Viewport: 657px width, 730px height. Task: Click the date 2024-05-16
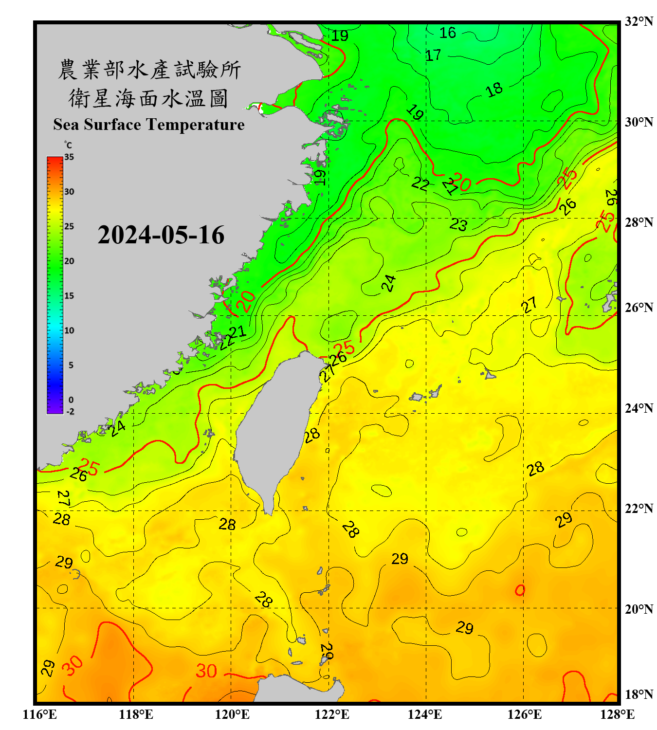click(x=161, y=235)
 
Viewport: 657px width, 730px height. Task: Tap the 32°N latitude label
click(x=639, y=21)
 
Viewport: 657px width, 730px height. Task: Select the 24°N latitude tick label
click(x=639, y=408)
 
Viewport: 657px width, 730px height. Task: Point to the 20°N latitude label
click(x=639, y=609)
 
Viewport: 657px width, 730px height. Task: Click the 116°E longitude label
click(x=39, y=714)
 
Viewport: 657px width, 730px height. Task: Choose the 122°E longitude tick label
click(x=332, y=714)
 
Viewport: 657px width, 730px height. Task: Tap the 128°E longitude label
click(x=617, y=714)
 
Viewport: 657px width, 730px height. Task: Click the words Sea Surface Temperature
click(x=149, y=125)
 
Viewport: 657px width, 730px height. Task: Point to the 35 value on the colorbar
click(x=69, y=157)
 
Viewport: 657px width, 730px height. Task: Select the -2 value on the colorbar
click(x=70, y=412)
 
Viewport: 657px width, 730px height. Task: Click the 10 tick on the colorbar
click(x=69, y=330)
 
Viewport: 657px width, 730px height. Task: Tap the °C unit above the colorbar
click(x=68, y=145)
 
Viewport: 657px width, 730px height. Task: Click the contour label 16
click(x=448, y=33)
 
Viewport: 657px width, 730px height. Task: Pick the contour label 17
click(x=433, y=55)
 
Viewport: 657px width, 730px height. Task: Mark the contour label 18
click(x=494, y=90)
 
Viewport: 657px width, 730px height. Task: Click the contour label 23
click(x=458, y=224)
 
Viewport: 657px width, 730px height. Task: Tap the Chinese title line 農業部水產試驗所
click(x=149, y=70)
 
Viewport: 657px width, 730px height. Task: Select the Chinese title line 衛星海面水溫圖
click(x=148, y=98)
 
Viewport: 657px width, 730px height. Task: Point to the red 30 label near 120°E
click(x=206, y=671)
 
